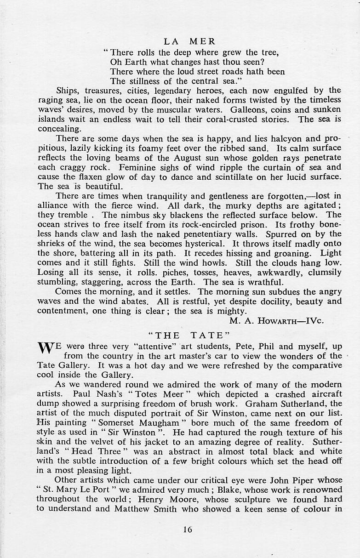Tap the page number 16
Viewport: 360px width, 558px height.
(187, 529)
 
